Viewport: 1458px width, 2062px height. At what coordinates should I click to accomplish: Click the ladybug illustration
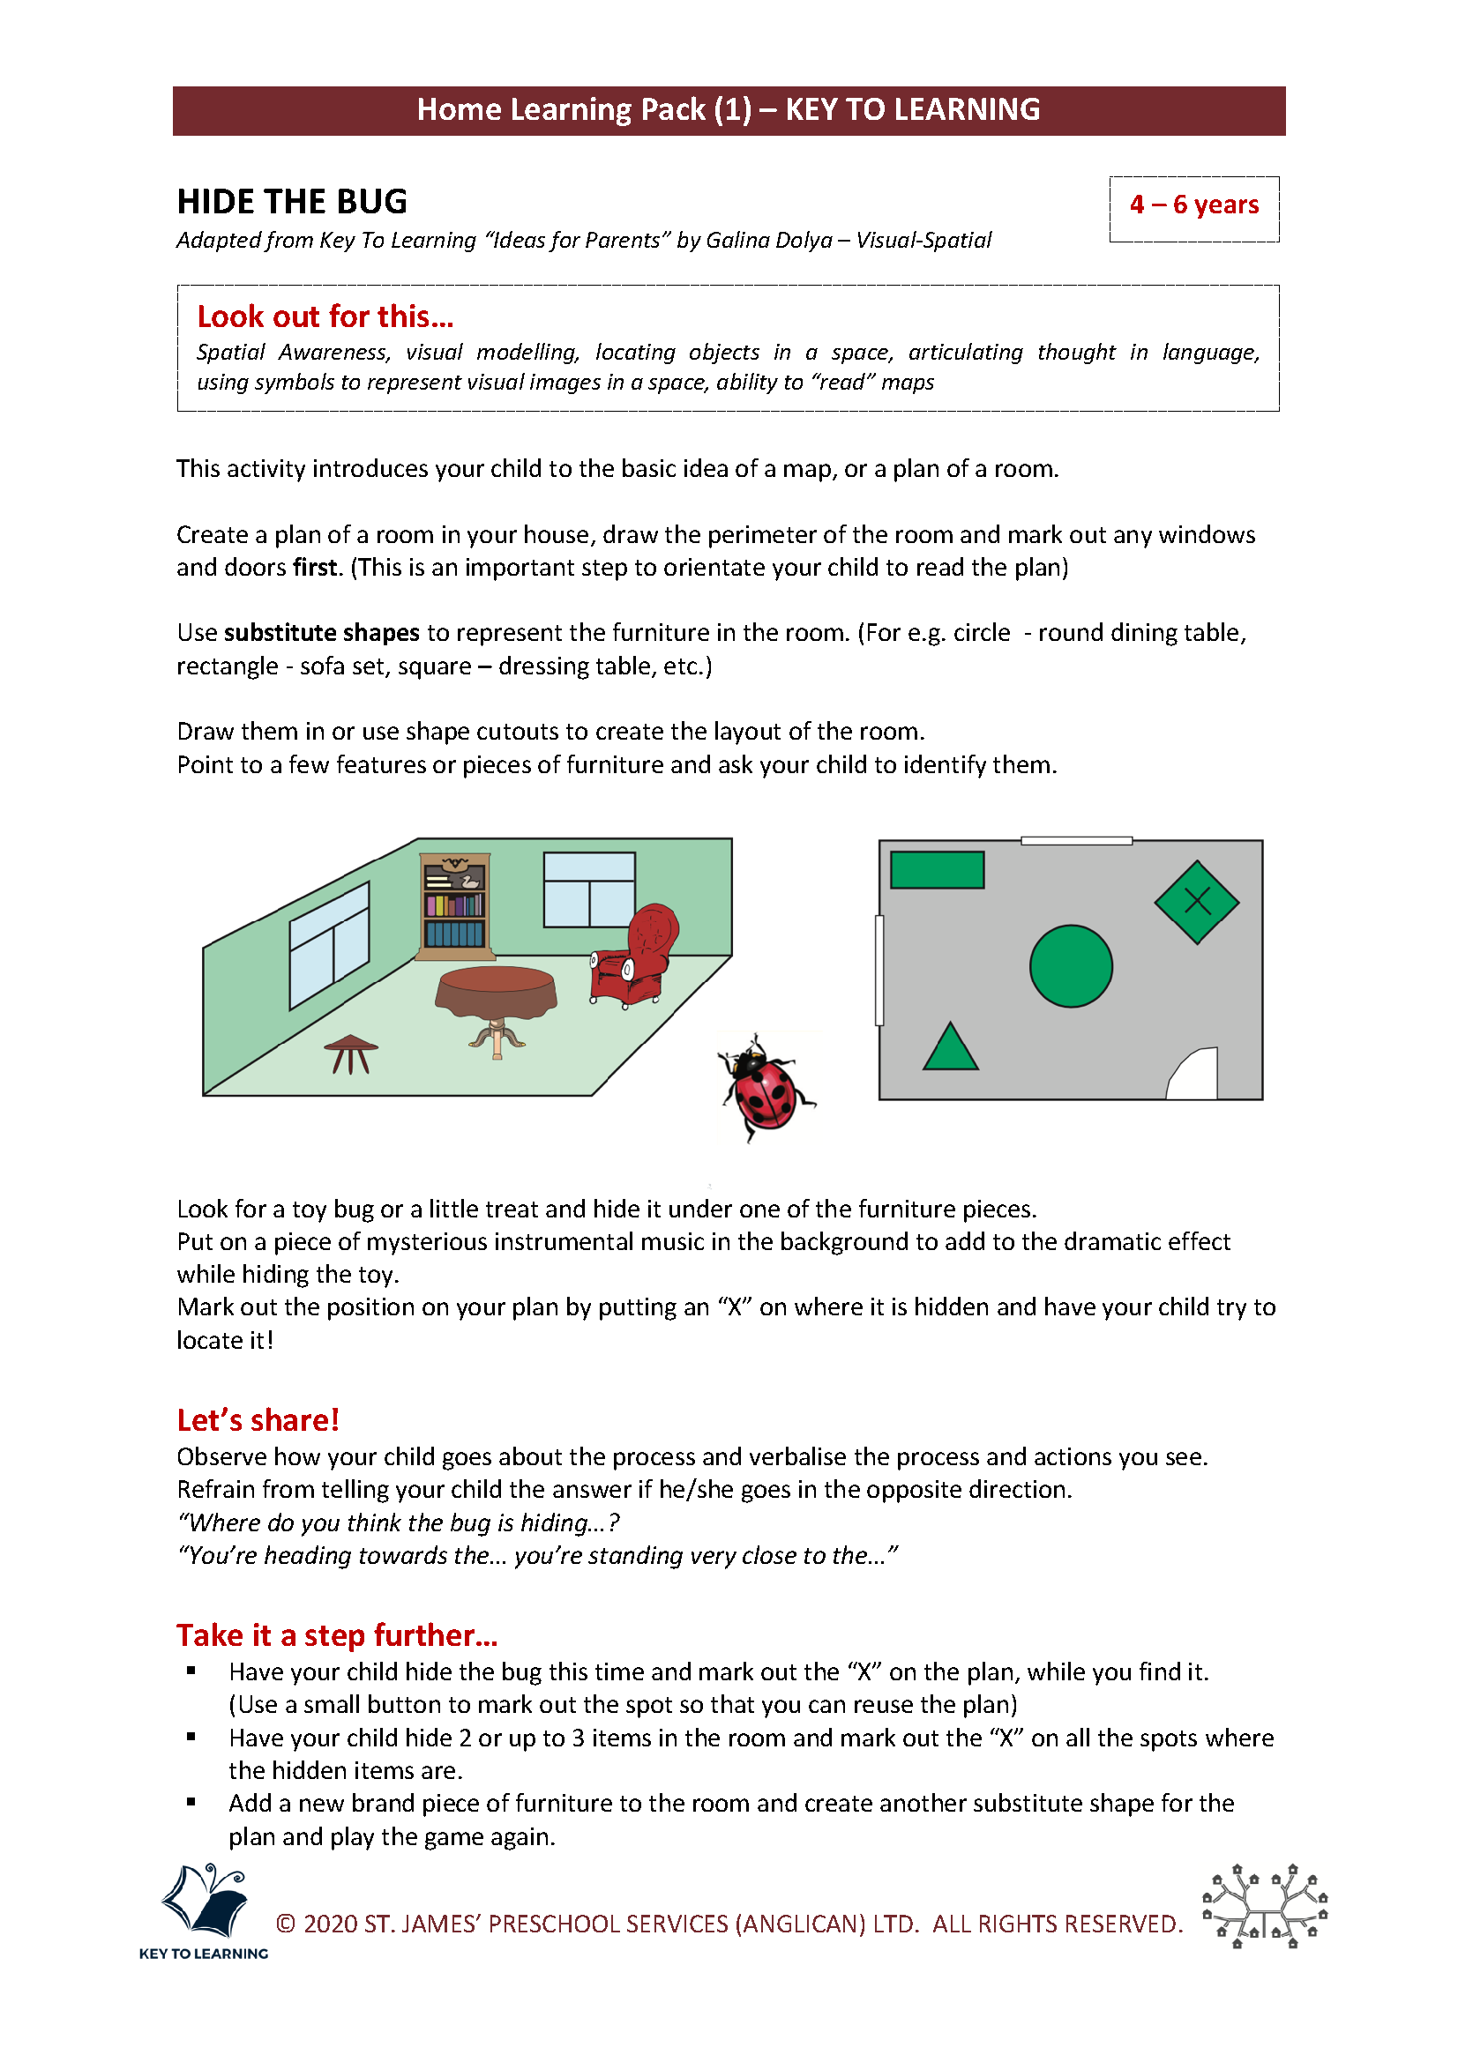(x=765, y=1088)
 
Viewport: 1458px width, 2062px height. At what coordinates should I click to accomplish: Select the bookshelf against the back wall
(x=455, y=906)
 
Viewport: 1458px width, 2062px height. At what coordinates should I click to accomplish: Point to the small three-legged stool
(x=350, y=1052)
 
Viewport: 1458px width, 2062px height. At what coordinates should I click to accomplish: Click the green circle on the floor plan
(x=1070, y=965)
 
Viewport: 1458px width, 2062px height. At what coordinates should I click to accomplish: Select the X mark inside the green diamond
(x=1197, y=901)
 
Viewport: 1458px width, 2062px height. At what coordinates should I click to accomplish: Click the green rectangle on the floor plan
(x=936, y=869)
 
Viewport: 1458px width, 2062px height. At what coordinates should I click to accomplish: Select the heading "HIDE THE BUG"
(x=292, y=202)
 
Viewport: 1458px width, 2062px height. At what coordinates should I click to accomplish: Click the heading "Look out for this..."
(x=325, y=317)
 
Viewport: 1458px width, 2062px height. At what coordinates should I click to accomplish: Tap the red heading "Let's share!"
(x=258, y=1420)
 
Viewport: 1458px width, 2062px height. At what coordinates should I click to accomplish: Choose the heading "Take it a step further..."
(x=336, y=1635)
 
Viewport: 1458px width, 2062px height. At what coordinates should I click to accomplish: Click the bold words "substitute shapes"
(x=321, y=633)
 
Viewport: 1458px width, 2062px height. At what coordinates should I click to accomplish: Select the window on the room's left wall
(x=329, y=944)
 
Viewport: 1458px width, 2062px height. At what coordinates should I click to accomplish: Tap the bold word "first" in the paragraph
(x=314, y=568)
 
